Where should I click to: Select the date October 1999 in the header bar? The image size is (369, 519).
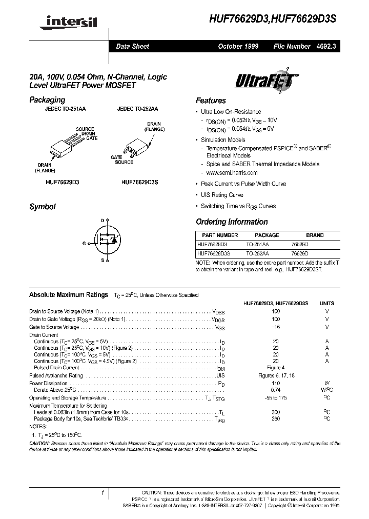[238, 46]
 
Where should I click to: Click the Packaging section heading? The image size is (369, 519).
[47, 100]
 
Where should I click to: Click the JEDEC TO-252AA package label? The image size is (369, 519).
[137, 109]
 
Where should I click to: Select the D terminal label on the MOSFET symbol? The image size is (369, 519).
[102, 221]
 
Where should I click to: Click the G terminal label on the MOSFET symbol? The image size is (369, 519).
[84, 244]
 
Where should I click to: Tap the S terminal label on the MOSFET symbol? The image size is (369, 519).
[102, 261]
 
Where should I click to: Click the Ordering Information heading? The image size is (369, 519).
[232, 222]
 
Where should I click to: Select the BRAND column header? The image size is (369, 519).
[315, 235]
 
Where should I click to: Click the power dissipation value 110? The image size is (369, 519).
[276, 383]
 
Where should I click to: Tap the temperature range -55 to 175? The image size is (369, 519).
[276, 398]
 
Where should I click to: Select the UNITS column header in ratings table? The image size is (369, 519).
[327, 303]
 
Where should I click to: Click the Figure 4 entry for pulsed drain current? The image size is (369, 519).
[276, 368]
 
